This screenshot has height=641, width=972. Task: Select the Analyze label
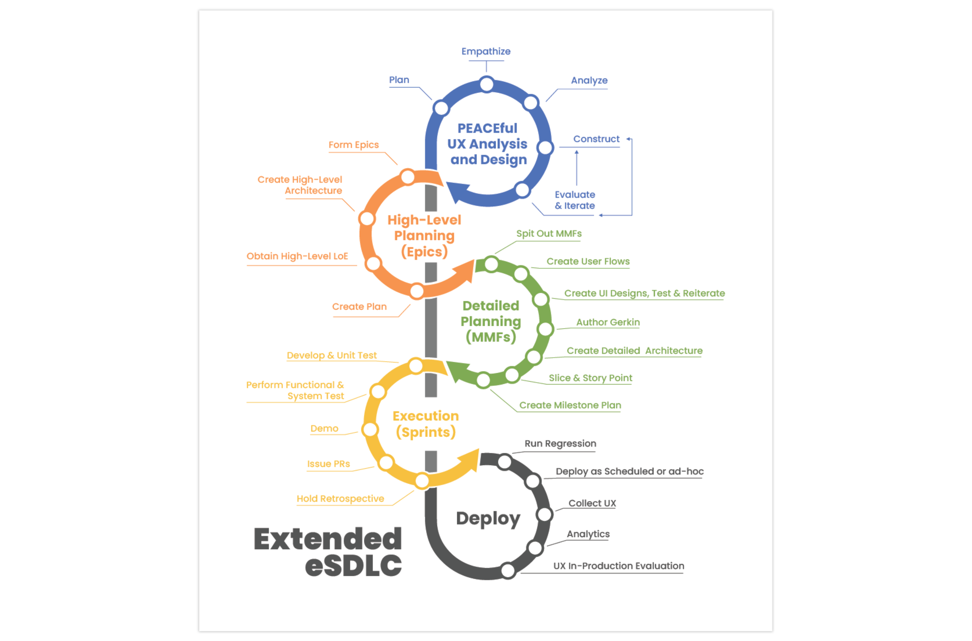[x=589, y=80]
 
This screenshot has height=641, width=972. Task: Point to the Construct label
[x=596, y=140]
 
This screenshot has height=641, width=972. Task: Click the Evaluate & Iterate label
[x=575, y=200]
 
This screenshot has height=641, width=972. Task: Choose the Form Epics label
[x=353, y=145]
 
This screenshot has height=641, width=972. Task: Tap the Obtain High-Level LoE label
[x=297, y=256]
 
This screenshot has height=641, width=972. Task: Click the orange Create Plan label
[x=359, y=307]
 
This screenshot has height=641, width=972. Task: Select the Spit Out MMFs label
[x=548, y=234]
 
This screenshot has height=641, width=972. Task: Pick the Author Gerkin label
[x=608, y=323]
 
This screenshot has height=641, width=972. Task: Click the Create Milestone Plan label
[x=570, y=405]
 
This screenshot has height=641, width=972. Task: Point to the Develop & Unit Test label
[x=332, y=356]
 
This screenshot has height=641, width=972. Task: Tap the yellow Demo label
[x=324, y=429]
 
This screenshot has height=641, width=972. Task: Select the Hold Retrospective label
[x=340, y=499]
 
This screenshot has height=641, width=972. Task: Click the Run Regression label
[x=560, y=444]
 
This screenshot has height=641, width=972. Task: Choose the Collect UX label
[x=592, y=504]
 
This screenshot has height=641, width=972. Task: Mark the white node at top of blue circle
[x=486, y=85]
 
